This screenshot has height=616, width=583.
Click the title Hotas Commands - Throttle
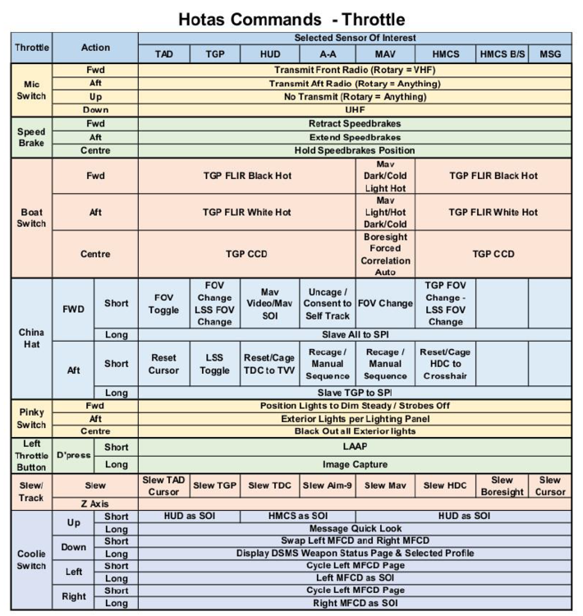tap(291, 18)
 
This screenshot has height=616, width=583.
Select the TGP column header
tap(216, 54)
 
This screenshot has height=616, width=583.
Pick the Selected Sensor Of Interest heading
tap(355, 39)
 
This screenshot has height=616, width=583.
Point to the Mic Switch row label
tap(31, 90)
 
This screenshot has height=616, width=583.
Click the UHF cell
tap(355, 109)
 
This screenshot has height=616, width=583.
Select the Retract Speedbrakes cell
tap(355, 124)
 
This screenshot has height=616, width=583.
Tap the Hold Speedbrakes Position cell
tap(355, 150)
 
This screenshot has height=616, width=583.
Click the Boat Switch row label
tap(31, 218)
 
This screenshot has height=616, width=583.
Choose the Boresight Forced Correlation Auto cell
tap(385, 254)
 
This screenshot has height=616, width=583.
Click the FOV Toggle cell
tap(163, 303)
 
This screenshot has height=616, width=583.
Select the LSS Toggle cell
tap(216, 365)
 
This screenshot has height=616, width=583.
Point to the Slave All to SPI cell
tap(355, 334)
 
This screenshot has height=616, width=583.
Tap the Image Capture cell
tap(355, 464)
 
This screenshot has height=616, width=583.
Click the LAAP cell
tap(355, 447)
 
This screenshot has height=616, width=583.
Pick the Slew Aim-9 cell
tap(327, 486)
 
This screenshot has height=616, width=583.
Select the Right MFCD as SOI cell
tap(355, 604)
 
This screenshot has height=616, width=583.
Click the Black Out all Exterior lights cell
tap(355, 430)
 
